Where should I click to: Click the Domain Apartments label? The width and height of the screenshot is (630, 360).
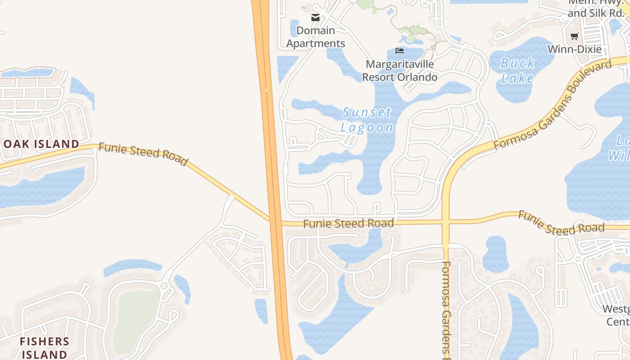pyautogui.click(x=316, y=37)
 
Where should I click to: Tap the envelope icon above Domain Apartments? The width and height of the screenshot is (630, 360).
pyautogui.click(x=315, y=18)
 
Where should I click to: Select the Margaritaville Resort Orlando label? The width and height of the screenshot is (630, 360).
pyautogui.click(x=400, y=71)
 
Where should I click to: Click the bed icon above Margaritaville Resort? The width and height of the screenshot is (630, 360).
pyautogui.click(x=400, y=51)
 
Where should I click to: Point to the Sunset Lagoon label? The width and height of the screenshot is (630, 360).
pyautogui.click(x=367, y=120)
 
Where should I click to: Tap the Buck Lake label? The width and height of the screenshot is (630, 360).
pyautogui.click(x=517, y=71)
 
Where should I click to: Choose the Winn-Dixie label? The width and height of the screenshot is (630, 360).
pyautogui.click(x=575, y=49)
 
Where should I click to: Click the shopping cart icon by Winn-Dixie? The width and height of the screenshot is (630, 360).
pyautogui.click(x=574, y=36)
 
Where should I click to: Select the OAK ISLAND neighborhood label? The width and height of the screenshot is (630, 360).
pyautogui.click(x=42, y=144)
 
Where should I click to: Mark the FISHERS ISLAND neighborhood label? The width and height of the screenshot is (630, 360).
pyautogui.click(x=44, y=348)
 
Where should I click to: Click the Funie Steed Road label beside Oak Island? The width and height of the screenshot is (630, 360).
pyautogui.click(x=143, y=154)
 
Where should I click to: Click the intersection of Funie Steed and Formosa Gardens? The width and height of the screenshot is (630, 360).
pyautogui.click(x=446, y=222)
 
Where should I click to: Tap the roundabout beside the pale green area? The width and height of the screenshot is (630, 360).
pyautogui.click(x=164, y=286)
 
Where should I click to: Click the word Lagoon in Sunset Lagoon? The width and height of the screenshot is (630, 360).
pyautogui.click(x=367, y=127)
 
